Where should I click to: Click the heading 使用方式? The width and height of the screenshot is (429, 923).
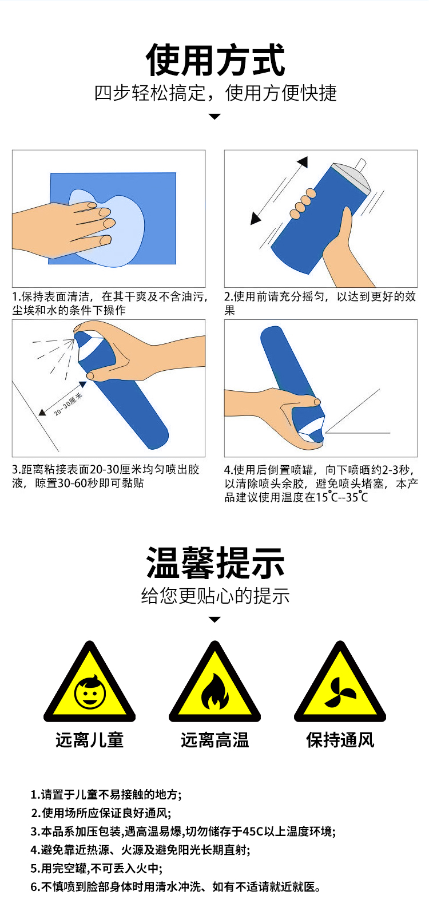pos(215,60)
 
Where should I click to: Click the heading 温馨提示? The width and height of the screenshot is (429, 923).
pos(215,563)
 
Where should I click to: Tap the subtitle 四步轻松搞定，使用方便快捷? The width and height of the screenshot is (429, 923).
pos(215,93)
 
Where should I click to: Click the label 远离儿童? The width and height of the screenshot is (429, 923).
pos(89,740)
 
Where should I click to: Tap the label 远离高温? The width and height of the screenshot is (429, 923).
pos(214,740)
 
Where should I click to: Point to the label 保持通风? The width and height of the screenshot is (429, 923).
pos(340,740)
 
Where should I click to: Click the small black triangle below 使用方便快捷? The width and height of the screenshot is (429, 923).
pos(214,117)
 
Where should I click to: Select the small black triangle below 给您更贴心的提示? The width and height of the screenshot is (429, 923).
pos(214,620)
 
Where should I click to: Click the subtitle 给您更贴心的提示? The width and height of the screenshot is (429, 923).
pos(215,596)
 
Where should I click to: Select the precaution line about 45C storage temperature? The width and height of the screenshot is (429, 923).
pos(183,831)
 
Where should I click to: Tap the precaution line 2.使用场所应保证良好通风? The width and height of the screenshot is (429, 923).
pos(101,813)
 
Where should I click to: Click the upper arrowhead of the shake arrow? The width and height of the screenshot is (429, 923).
pos(303,162)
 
